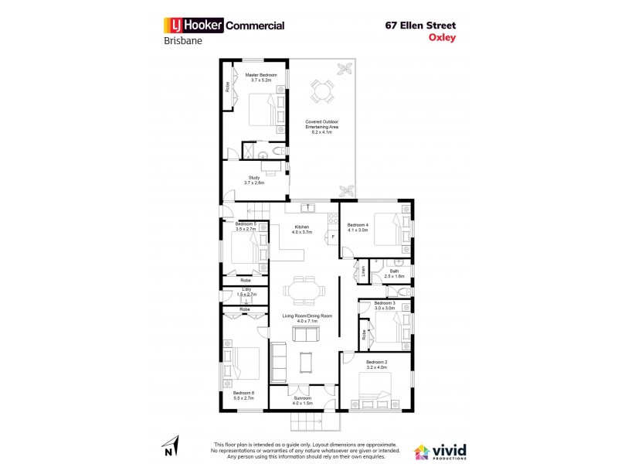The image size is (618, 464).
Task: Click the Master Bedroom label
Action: pyautogui.click(x=261, y=77)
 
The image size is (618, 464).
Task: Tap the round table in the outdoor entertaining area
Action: pyautogui.click(x=320, y=93)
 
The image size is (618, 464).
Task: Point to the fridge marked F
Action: pyautogui.click(x=333, y=237)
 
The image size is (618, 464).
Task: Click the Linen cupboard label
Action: pyautogui.click(x=363, y=271)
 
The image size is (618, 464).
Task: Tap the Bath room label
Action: pyautogui.click(x=394, y=274)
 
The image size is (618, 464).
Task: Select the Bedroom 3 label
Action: pyautogui.click(x=384, y=305)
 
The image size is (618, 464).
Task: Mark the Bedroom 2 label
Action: pyautogui.click(x=376, y=364)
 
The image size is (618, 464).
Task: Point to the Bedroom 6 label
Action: pyautogui.click(x=243, y=395)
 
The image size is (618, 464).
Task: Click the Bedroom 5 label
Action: pyautogui.click(x=245, y=227)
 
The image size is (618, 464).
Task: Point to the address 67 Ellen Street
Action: pyautogui.click(x=426, y=24)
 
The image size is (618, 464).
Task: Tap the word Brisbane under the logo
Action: pyautogui.click(x=183, y=43)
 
